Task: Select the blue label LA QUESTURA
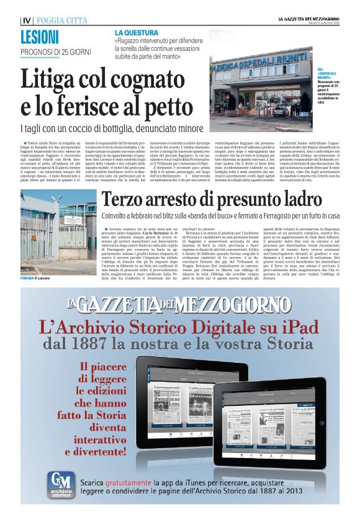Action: point(135,32)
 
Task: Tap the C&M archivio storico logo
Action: point(63,485)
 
